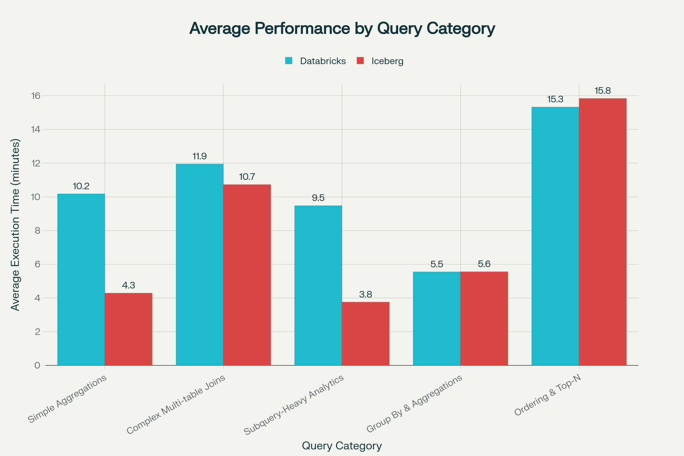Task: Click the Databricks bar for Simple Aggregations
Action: click(81, 280)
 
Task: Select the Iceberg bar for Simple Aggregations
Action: click(129, 329)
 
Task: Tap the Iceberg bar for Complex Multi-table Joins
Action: click(247, 275)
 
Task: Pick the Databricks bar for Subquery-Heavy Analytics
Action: click(318, 285)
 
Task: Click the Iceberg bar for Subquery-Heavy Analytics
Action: click(366, 333)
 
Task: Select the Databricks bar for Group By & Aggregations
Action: click(437, 318)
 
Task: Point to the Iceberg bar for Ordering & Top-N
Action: click(602, 232)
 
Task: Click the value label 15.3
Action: click(555, 99)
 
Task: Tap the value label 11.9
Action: click(199, 156)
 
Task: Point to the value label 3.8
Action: click(366, 295)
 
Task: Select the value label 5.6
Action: click(484, 264)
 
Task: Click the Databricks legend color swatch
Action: click(288, 61)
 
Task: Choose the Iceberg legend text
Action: click(387, 61)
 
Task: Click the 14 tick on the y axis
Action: click(36, 129)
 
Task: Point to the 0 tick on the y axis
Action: click(37, 365)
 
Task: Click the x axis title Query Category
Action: click(342, 445)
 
